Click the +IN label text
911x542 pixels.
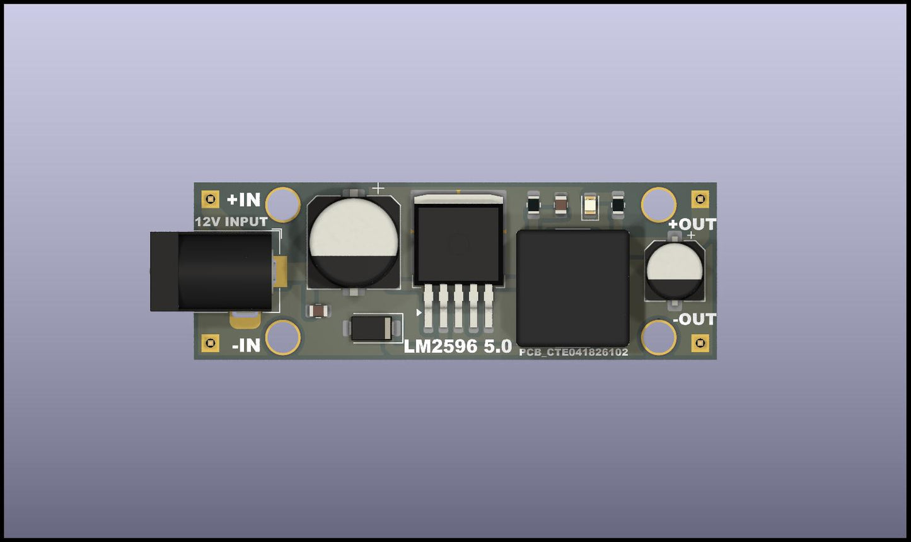click(243, 200)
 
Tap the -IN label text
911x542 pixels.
click(246, 345)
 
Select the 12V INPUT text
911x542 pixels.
click(231, 222)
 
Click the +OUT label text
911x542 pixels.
click(692, 224)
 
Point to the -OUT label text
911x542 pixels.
click(694, 320)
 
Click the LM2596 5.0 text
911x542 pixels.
click(458, 346)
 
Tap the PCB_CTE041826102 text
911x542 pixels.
click(573, 352)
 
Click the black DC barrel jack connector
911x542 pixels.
click(214, 271)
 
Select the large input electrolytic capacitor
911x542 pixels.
click(353, 241)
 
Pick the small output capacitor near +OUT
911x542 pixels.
click(675, 270)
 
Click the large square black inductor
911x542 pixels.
click(572, 287)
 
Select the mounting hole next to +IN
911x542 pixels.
click(283, 204)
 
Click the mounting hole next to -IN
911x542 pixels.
click(283, 337)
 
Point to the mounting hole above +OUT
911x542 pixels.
click(659, 204)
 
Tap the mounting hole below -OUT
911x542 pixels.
click(659, 337)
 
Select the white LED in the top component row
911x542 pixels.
click(590, 205)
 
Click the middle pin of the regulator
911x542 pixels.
click(458, 307)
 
